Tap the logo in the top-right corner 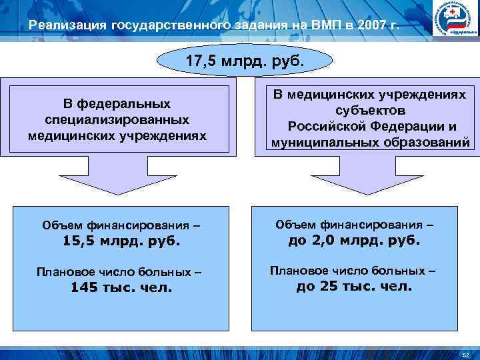[x=456, y=19]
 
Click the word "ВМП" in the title [x=315, y=26]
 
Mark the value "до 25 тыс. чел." [x=354, y=287]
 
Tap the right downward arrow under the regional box [x=353, y=175]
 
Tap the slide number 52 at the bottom [x=465, y=351]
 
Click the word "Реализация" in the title [x=68, y=26]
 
